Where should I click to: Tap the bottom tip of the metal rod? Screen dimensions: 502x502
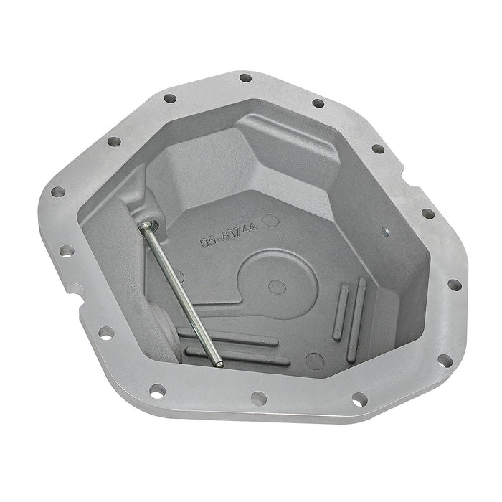(219, 364)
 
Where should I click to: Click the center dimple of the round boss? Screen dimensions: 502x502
(273, 287)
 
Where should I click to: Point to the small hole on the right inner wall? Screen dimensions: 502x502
(385, 232)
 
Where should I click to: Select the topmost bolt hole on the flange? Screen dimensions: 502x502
(245, 78)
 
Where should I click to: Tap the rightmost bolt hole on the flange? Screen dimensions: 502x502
(453, 285)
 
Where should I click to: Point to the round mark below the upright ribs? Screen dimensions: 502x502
(313, 360)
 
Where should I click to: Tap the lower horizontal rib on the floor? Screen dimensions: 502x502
(237, 356)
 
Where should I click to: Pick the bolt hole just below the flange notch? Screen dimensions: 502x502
(105, 333)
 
